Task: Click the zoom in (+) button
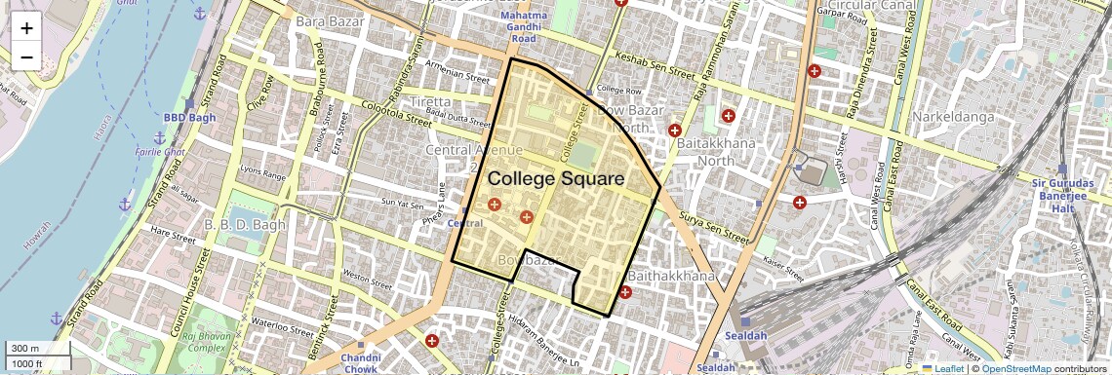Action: (x=26, y=28)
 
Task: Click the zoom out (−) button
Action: (x=26, y=57)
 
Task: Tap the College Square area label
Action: (x=555, y=179)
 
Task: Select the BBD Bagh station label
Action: (x=188, y=117)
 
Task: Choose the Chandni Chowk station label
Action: (x=360, y=363)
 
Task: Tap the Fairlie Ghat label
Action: (x=161, y=153)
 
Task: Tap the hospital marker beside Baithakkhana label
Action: (x=625, y=292)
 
